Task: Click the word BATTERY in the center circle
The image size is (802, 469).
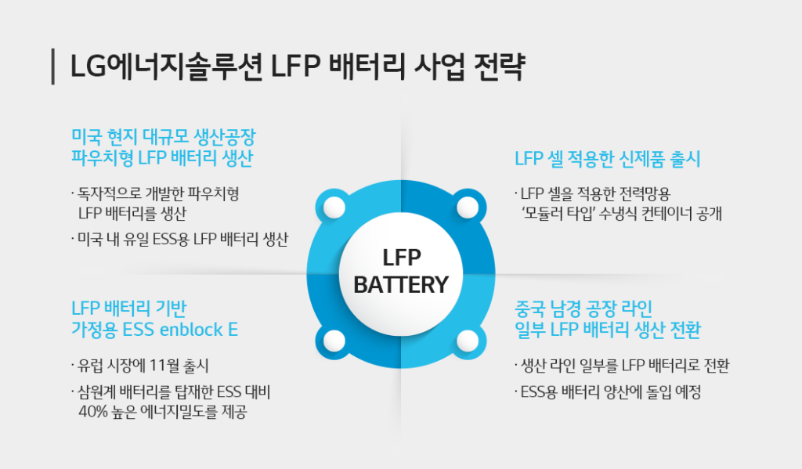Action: pos(401,283)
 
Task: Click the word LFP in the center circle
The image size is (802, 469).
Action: pos(401,258)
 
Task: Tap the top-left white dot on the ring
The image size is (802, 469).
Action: pos(334,207)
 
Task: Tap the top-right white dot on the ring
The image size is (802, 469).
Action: pos(468,207)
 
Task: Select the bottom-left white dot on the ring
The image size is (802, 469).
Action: pos(334,340)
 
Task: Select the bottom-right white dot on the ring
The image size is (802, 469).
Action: pos(468,340)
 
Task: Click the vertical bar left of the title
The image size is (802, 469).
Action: pos(52,67)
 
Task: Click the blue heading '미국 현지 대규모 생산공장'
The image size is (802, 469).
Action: pos(164,135)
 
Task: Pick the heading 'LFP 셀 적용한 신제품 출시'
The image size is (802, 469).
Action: pos(607,159)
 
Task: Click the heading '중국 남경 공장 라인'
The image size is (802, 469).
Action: pos(583,307)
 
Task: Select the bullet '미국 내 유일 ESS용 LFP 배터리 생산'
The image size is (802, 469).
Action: pos(182,239)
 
